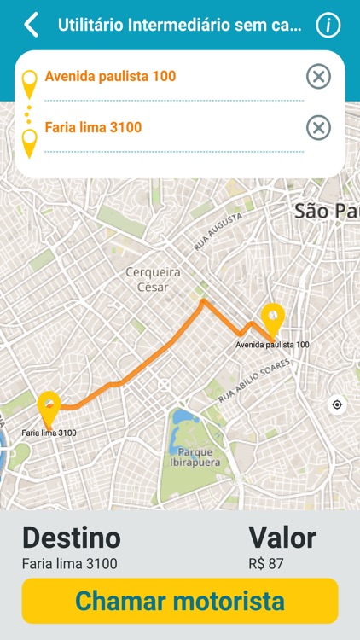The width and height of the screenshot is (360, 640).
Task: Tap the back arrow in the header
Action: point(32,25)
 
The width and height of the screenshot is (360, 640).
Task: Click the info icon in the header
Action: point(328,26)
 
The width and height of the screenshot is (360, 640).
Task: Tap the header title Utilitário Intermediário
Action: point(179,26)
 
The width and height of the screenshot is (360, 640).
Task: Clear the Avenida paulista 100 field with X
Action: point(318,77)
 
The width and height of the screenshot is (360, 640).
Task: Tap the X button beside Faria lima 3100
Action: point(318,128)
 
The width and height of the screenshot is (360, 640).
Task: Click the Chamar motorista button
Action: point(180,601)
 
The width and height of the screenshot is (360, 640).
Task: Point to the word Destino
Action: point(72,538)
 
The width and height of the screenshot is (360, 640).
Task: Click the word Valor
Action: point(282,538)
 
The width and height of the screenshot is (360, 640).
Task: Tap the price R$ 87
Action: point(265,563)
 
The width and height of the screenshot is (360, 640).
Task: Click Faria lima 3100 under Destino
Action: point(70,563)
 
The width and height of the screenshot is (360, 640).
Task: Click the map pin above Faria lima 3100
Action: point(49,408)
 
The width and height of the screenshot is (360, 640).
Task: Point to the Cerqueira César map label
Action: point(147,279)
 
